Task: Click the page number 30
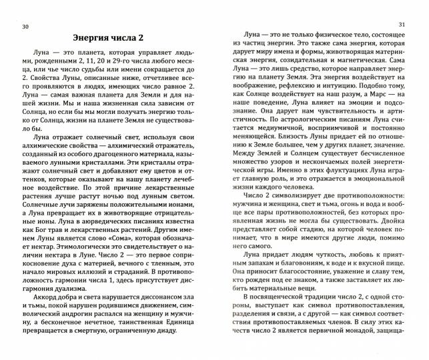pos(25,26)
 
